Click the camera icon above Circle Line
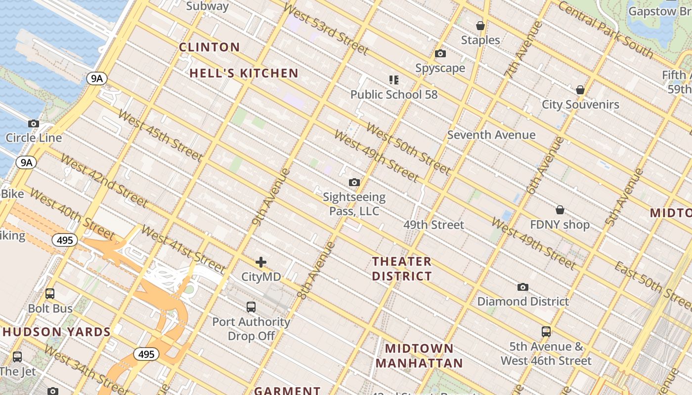(34, 124)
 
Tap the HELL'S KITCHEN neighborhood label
(244, 74)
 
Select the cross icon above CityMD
(261, 262)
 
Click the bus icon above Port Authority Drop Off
(251, 307)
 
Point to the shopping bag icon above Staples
(480, 26)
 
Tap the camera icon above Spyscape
(440, 54)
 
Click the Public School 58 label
(394, 94)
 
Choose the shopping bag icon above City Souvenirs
(580, 90)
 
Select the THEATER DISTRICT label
(402, 269)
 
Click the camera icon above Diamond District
(522, 287)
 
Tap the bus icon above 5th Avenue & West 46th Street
(546, 332)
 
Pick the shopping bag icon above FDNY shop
(560, 210)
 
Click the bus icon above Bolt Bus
(50, 294)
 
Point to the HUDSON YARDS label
(56, 332)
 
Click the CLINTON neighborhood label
(209, 47)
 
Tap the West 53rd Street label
(326, 30)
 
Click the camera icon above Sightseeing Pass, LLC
(354, 183)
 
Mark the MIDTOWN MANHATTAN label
(419, 356)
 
